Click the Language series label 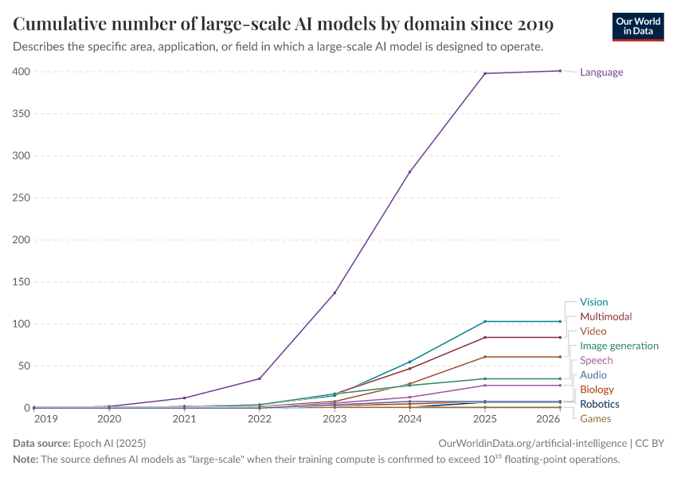click(x=601, y=72)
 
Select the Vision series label click(x=593, y=302)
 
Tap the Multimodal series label click(x=605, y=316)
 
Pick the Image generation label click(x=619, y=346)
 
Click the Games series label click(x=596, y=418)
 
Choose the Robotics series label click(x=600, y=404)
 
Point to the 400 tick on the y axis click(x=21, y=72)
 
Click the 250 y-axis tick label click(x=21, y=198)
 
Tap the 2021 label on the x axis click(x=185, y=418)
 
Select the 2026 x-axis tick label click(x=547, y=418)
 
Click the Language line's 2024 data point click(x=410, y=172)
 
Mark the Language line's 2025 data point click(x=485, y=73)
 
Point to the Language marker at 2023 click(x=335, y=292)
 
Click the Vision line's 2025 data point click(x=485, y=321)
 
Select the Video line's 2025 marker click(x=485, y=356)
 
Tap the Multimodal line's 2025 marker click(x=485, y=337)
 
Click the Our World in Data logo click(x=638, y=26)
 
